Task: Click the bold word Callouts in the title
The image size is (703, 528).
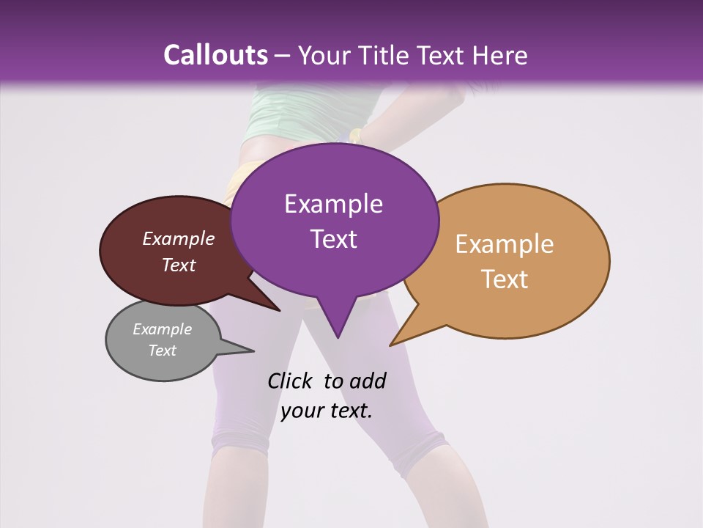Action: (x=215, y=55)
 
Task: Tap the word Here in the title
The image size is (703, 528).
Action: (x=499, y=55)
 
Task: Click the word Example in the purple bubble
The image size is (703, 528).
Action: (x=333, y=204)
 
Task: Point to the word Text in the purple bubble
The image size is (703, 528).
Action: (x=333, y=239)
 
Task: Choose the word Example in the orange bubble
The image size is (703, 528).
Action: (x=504, y=244)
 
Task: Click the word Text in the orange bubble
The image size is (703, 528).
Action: (x=505, y=279)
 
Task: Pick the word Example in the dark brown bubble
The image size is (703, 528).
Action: (x=178, y=239)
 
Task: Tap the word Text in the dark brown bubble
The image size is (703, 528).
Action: (x=178, y=265)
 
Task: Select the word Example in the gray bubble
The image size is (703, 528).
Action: (x=162, y=329)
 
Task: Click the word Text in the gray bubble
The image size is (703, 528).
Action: (x=162, y=351)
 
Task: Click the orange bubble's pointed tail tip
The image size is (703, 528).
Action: (x=390, y=345)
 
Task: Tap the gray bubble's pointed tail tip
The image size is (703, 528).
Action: (x=253, y=351)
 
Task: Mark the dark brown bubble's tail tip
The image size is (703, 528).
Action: (x=280, y=311)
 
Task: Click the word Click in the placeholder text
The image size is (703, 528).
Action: (x=291, y=381)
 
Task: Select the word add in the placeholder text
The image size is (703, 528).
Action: (x=368, y=381)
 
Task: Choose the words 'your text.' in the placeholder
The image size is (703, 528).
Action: (x=326, y=411)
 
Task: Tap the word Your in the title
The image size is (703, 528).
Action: (x=322, y=55)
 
